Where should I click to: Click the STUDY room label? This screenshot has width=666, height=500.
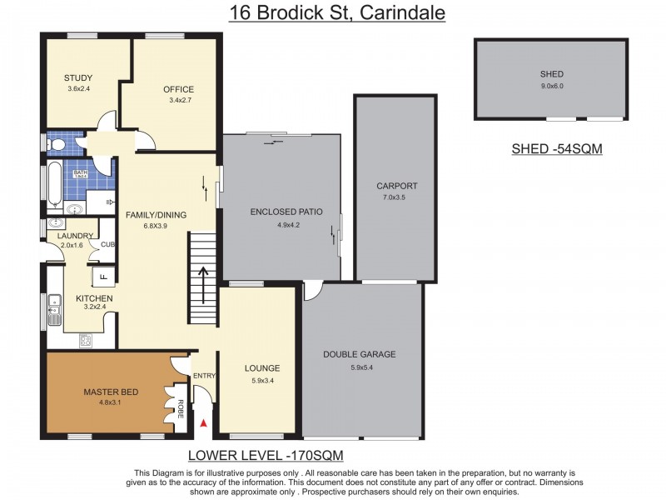tap(78, 78)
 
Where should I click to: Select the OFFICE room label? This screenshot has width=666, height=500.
tap(179, 89)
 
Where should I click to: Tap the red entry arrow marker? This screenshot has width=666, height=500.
tap(203, 424)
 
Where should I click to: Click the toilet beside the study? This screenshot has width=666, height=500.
tap(56, 145)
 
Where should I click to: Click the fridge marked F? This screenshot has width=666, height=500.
tap(104, 277)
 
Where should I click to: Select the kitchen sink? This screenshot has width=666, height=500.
tap(55, 309)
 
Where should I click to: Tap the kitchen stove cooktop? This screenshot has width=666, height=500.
tap(85, 340)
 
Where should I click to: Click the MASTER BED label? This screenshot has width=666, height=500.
tap(110, 392)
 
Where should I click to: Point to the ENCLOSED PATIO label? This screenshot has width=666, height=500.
tap(286, 212)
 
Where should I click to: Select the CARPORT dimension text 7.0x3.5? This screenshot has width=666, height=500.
tap(396, 197)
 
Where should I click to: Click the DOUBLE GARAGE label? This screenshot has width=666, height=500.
tap(360, 354)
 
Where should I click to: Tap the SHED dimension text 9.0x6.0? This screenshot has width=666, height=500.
tap(551, 85)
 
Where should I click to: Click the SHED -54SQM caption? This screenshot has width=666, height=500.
tap(556, 150)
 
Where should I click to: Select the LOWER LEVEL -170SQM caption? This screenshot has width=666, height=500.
tap(266, 455)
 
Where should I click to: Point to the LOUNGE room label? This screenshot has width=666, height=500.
tap(261, 367)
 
